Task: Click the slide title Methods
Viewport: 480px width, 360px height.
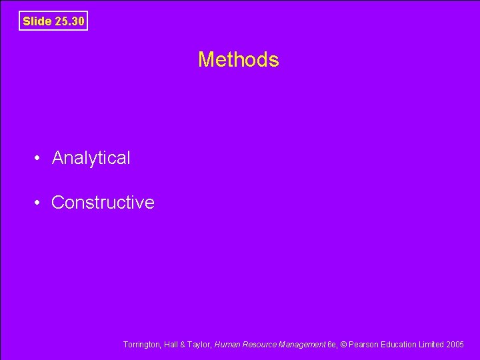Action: click(238, 60)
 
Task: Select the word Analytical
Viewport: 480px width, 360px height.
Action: click(91, 158)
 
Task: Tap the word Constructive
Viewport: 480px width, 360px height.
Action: click(103, 203)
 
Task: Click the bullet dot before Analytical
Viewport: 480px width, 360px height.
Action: click(40, 158)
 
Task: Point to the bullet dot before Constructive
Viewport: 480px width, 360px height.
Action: click(40, 203)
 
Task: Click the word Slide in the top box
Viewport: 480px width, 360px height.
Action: click(37, 21)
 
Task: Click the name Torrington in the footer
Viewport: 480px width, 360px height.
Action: click(141, 345)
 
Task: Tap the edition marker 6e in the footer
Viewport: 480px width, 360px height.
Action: click(332, 345)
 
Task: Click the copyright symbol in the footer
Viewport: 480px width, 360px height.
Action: click(344, 345)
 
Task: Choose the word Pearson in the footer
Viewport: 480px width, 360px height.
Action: click(363, 345)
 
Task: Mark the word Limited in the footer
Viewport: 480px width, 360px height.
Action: click(431, 345)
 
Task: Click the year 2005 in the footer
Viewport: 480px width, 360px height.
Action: click(456, 345)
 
